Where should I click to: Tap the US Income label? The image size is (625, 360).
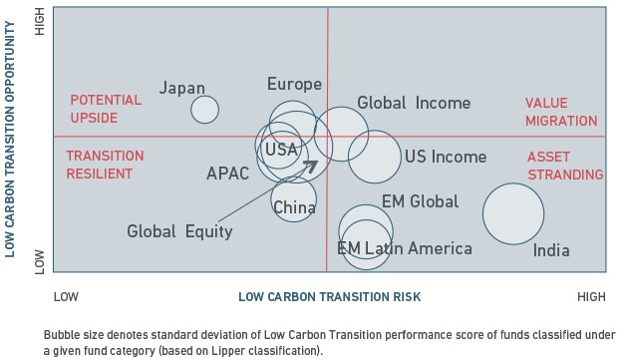tap(446, 157)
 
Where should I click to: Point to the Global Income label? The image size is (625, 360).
tap(414, 103)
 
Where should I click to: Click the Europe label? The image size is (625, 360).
tap(294, 84)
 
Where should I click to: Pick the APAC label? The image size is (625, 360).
tap(227, 174)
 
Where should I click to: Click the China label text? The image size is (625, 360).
tap(294, 207)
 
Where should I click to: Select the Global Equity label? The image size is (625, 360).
tap(179, 231)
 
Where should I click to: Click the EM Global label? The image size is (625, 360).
tap(420, 201)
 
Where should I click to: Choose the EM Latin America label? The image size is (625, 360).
tap(405, 248)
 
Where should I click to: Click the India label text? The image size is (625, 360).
tap(551, 250)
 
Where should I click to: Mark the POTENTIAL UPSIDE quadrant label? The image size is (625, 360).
tap(106, 109)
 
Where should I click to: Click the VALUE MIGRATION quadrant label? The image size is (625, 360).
tap(561, 112)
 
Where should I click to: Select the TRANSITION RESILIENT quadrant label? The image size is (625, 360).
tap(105, 165)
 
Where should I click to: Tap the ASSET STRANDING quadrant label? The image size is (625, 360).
tap(565, 166)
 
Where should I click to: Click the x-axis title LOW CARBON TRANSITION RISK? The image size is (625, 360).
tap(330, 297)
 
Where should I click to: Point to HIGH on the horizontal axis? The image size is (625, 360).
tap(591, 297)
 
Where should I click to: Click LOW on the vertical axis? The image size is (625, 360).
tap(40, 262)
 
